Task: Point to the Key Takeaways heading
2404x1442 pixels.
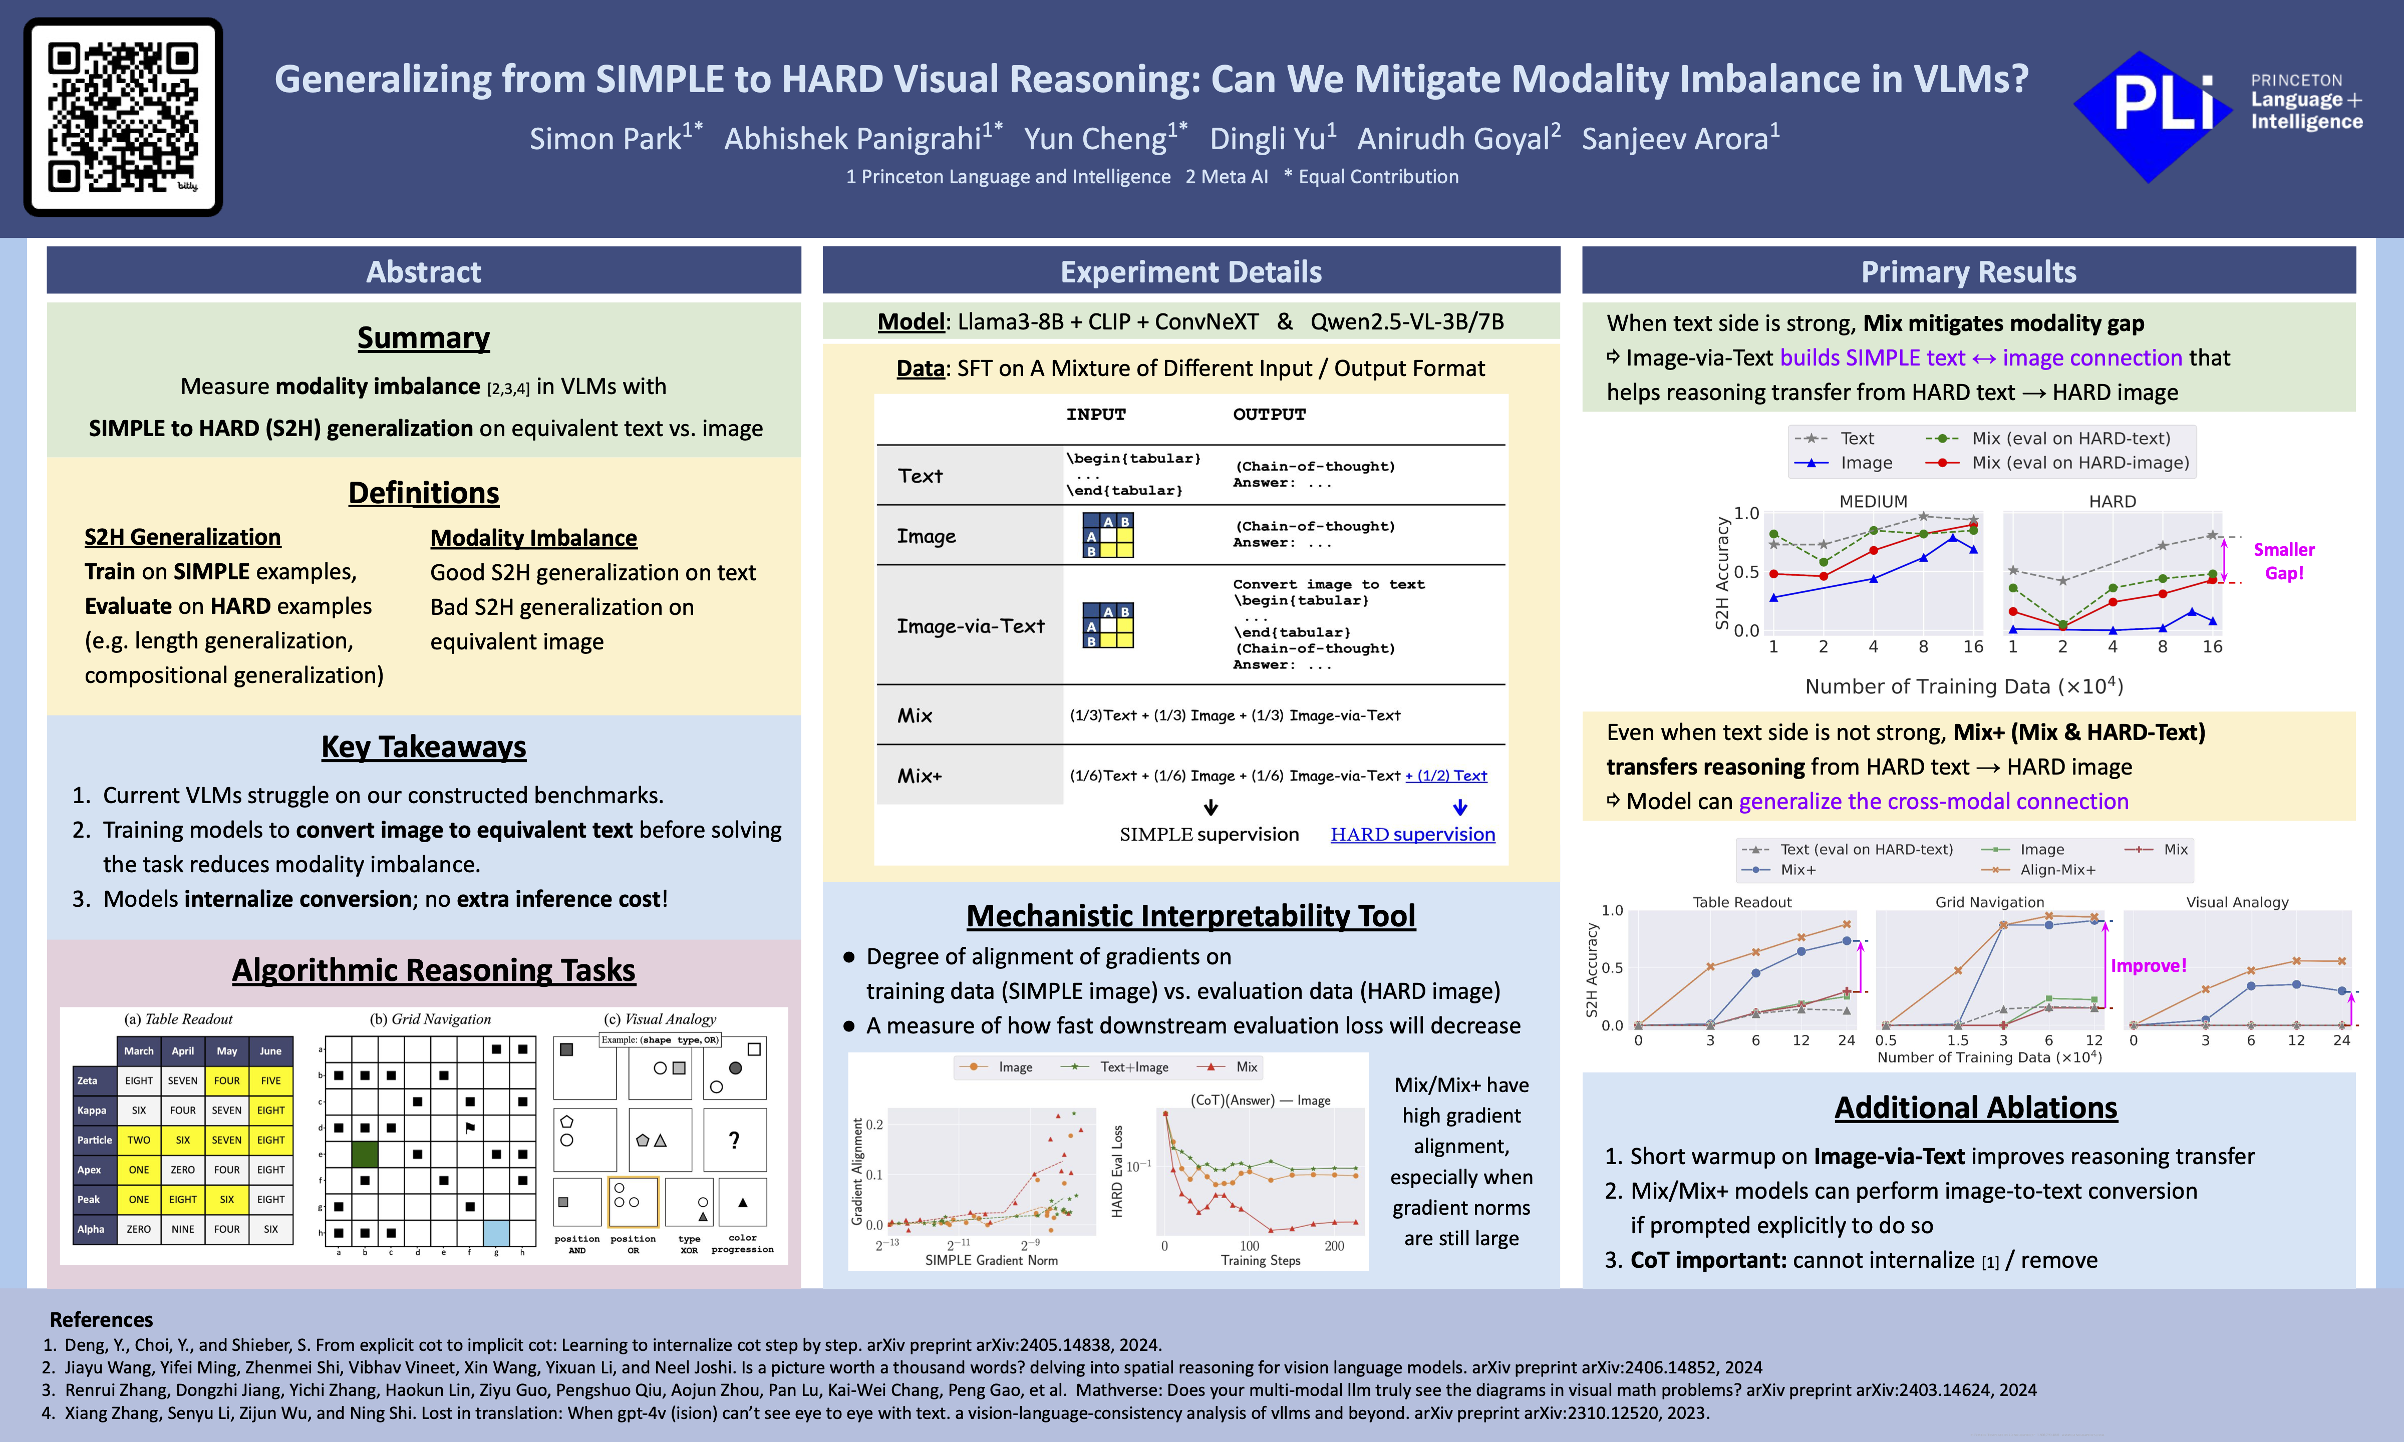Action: click(x=424, y=746)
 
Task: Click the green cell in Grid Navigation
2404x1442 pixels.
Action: click(x=365, y=1155)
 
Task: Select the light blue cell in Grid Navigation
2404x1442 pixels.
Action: click(x=495, y=1233)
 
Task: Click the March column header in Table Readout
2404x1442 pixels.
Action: click(x=138, y=1050)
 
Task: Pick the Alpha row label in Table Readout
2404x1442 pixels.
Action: click(x=91, y=1229)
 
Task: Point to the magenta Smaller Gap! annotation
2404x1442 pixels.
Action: click(x=2283, y=561)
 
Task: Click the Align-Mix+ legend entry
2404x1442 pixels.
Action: click(x=2057, y=870)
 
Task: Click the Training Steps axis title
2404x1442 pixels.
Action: click(x=1260, y=1260)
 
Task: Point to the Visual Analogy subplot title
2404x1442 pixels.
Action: click(x=2237, y=902)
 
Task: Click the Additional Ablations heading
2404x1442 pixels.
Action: click(x=1975, y=1108)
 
